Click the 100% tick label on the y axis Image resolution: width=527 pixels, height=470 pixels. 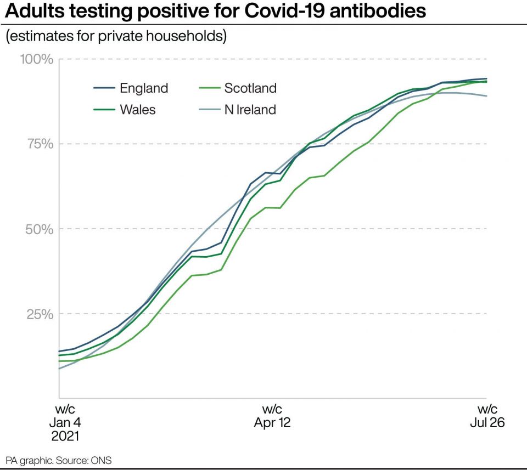(37, 59)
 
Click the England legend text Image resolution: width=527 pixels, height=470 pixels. (144, 88)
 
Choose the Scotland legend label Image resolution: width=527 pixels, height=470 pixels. (250, 88)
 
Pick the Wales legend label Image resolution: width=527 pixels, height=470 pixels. (138, 109)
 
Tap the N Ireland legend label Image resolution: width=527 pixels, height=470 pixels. (250, 109)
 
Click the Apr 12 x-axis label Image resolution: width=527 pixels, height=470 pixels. (272, 423)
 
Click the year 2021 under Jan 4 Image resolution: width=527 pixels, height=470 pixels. (65, 437)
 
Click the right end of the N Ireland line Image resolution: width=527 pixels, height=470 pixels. (486, 96)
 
